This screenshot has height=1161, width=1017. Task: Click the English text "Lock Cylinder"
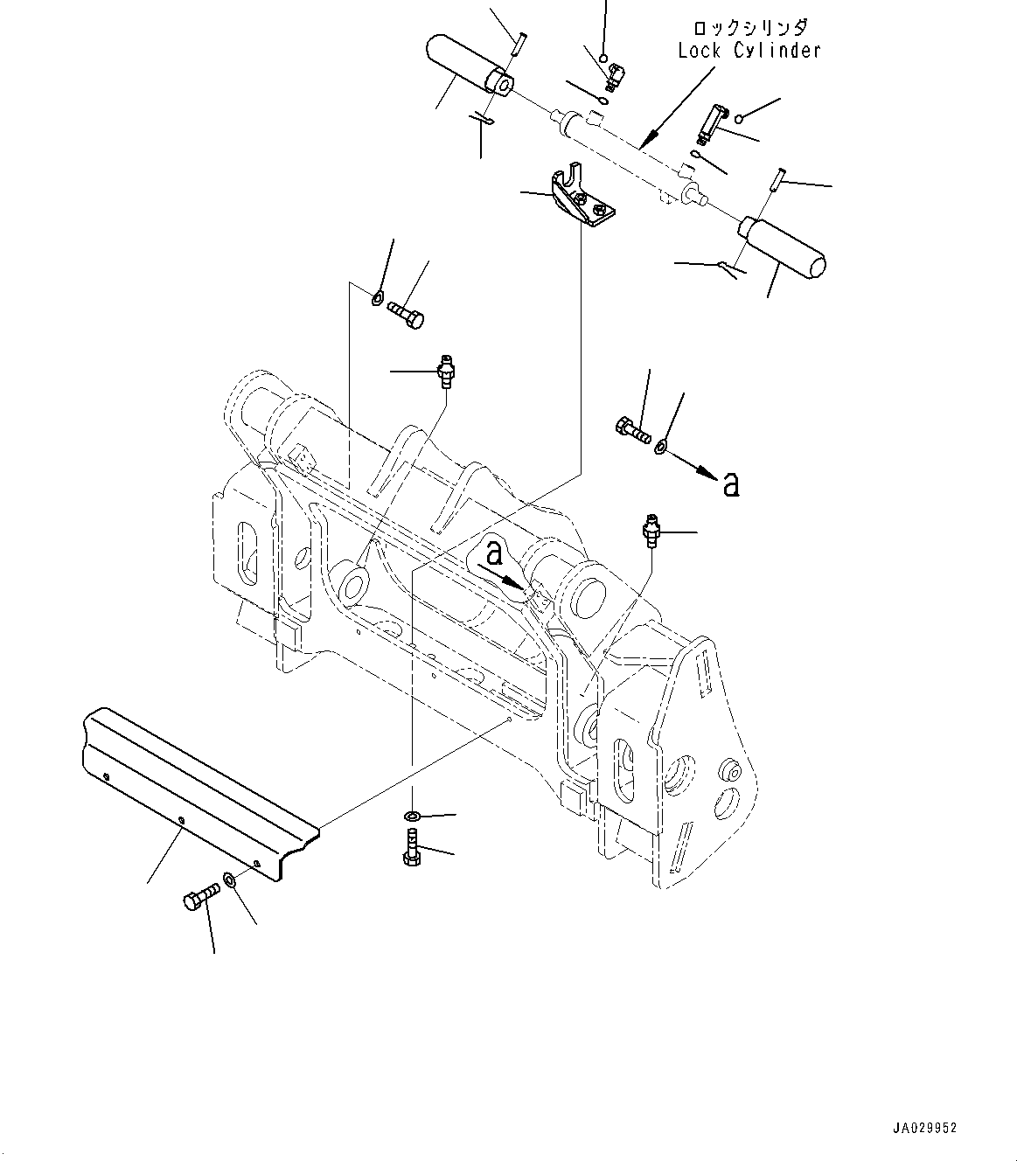pos(749,51)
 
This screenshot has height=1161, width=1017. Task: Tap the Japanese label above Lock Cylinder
pos(749,28)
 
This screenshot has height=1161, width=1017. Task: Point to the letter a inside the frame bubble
pos(495,552)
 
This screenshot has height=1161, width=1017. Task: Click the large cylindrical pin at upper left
pos(468,65)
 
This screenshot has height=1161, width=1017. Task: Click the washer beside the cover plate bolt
pos(229,879)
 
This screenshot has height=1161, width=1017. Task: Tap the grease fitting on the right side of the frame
pos(651,529)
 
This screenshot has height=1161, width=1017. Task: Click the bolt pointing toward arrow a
pos(633,430)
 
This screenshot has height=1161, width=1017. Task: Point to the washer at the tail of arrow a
pos(660,447)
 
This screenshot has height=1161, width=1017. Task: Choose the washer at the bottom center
pos(412,817)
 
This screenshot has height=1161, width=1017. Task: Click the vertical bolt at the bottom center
pos(411,849)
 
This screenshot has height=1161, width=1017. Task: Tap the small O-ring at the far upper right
pos(740,118)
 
